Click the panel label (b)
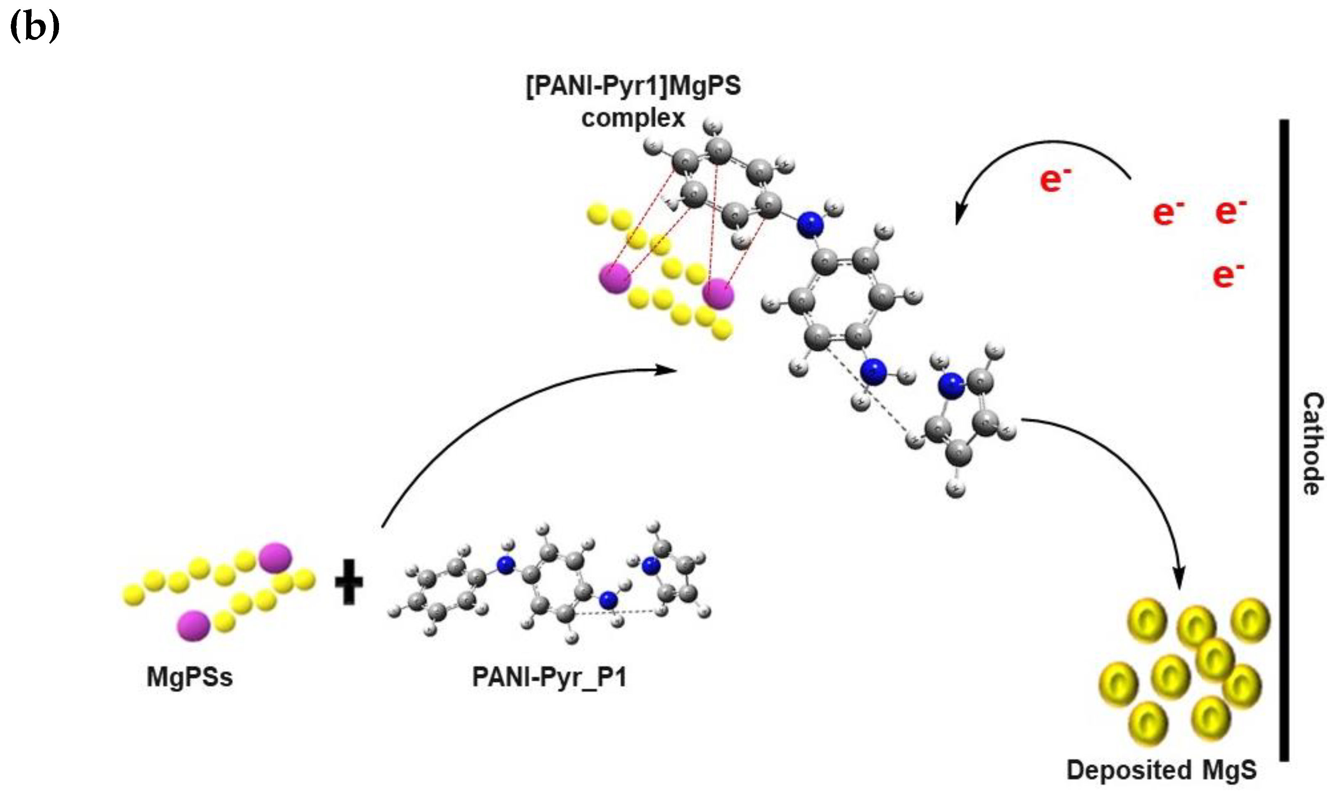click(x=35, y=28)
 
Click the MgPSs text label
click(x=190, y=677)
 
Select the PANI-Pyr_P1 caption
click(x=549, y=677)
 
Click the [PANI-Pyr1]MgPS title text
click(x=634, y=86)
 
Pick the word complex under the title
click(x=633, y=118)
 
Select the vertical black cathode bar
click(x=1284, y=440)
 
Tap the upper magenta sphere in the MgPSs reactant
click(x=275, y=558)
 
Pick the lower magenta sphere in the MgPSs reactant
click(x=194, y=625)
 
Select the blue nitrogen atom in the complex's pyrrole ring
click(x=950, y=385)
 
